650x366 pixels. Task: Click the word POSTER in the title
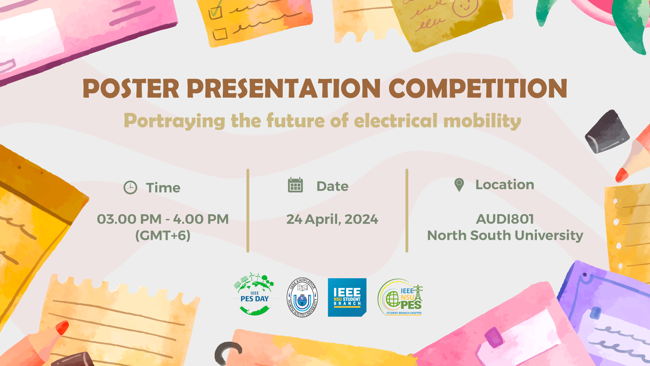[131, 88]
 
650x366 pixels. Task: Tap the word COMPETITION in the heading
[478, 88]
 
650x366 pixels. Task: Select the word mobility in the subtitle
[482, 121]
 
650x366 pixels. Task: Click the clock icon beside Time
[130, 187]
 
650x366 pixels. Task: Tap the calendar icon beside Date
[295, 185]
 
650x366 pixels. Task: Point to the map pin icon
[459, 185]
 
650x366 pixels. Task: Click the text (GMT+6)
[163, 235]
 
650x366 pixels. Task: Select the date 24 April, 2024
[332, 220]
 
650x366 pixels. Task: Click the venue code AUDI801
[505, 219]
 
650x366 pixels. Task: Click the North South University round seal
[302, 298]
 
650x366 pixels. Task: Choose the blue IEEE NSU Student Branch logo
[347, 298]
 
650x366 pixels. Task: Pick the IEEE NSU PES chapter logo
[400, 298]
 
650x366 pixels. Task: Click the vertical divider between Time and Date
[248, 210]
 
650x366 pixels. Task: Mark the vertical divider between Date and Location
[407, 210]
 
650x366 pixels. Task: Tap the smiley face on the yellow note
[465, 7]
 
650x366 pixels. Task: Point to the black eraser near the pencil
[607, 131]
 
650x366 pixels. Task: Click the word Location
[505, 185]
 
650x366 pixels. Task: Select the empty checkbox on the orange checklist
[220, 34]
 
